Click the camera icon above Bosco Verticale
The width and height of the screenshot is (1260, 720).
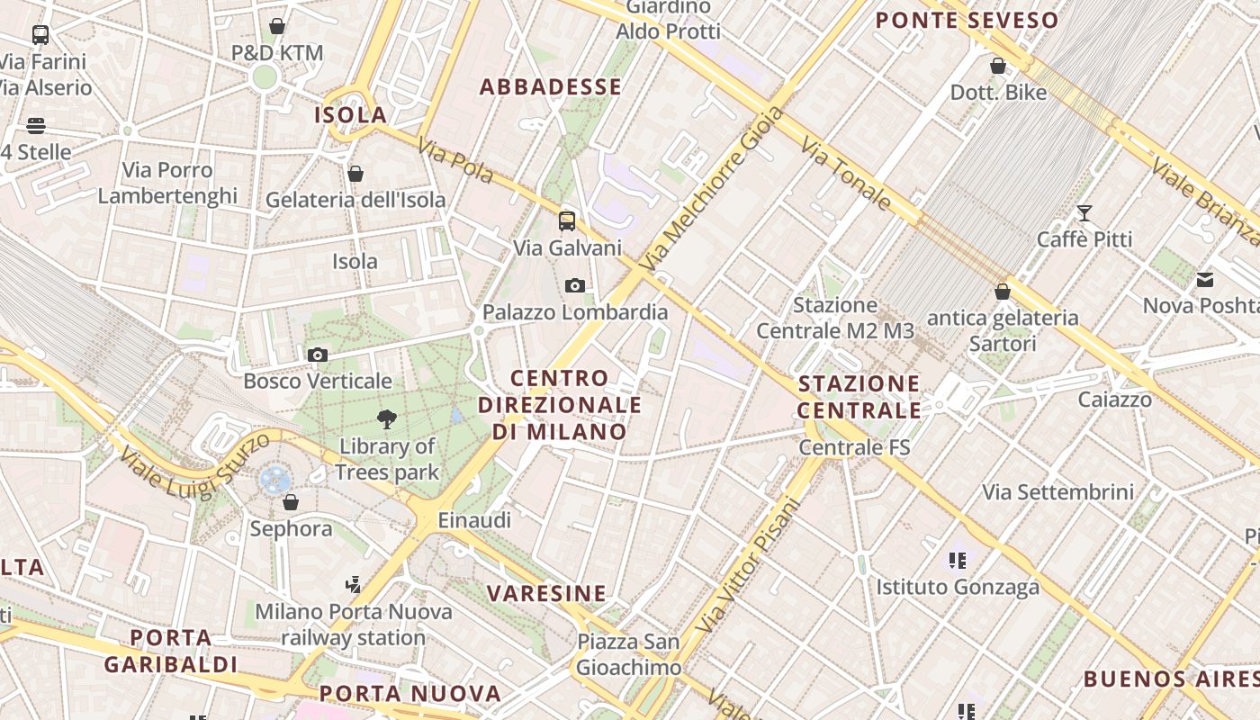click(x=317, y=355)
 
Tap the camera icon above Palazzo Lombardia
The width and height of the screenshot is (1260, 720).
click(x=575, y=286)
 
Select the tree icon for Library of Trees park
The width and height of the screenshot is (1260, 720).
click(x=387, y=418)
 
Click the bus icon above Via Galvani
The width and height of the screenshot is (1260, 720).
click(x=567, y=221)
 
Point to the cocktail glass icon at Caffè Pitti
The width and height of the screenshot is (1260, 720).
click(x=1084, y=213)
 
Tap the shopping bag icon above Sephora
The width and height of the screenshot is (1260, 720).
click(x=290, y=502)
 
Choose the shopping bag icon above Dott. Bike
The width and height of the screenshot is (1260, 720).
click(x=997, y=66)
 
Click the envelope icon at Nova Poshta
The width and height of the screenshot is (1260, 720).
click(x=1205, y=280)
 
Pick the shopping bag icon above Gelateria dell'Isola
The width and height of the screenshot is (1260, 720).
click(x=355, y=174)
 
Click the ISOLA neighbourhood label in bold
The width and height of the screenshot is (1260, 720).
click(x=350, y=115)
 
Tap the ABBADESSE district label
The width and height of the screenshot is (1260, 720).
click(x=551, y=87)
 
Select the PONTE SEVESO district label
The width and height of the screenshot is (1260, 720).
click(x=967, y=21)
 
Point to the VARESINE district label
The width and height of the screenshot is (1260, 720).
click(x=547, y=594)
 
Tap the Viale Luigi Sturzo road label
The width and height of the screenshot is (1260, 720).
click(x=193, y=465)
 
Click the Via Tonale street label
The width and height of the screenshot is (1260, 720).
click(x=846, y=175)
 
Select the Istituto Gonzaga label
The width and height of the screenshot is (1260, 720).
click(x=958, y=588)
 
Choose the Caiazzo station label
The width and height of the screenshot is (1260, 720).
click(x=1115, y=400)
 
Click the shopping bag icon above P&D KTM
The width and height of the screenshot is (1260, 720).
click(x=277, y=27)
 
